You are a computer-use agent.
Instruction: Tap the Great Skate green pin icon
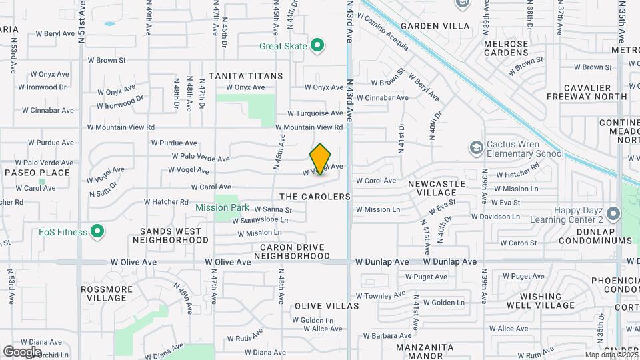(x=318, y=46)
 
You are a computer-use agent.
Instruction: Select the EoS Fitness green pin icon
(x=97, y=232)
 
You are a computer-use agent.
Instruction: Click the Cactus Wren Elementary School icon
(x=476, y=147)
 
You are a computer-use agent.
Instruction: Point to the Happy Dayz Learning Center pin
(x=613, y=213)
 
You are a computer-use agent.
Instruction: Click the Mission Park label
(x=222, y=207)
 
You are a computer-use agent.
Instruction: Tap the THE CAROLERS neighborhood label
(x=315, y=197)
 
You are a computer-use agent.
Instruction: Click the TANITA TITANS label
(x=245, y=76)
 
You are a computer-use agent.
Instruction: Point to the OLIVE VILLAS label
(x=327, y=306)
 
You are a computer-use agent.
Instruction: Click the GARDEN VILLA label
(x=435, y=27)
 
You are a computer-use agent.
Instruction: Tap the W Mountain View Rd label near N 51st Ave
(x=121, y=127)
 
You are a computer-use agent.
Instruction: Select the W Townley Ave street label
(x=380, y=294)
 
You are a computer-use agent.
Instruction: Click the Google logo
(x=22, y=351)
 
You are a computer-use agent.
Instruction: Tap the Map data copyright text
(x=611, y=355)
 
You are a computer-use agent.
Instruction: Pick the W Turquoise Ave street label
(x=315, y=114)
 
